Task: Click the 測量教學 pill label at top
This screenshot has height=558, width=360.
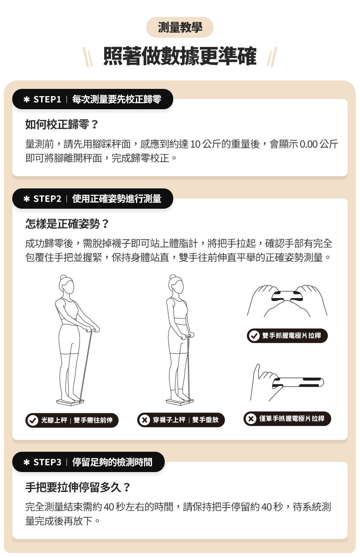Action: pyautogui.click(x=180, y=28)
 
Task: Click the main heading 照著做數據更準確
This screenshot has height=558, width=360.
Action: pyautogui.click(x=180, y=57)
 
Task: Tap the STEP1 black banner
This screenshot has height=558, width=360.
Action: pyautogui.click(x=92, y=99)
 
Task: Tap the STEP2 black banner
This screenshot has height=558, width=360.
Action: pyautogui.click(x=92, y=199)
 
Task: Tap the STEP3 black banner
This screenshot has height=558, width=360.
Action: pyautogui.click(x=88, y=462)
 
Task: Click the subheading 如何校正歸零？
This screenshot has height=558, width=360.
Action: pyautogui.click(x=62, y=124)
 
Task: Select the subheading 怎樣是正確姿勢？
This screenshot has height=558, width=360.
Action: pyautogui.click(x=67, y=223)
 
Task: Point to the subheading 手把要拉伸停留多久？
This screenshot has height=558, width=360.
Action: pyautogui.click(x=78, y=487)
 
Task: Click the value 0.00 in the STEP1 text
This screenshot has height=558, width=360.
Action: pyautogui.click(x=308, y=144)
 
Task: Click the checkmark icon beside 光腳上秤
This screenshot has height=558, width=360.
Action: pyautogui.click(x=32, y=420)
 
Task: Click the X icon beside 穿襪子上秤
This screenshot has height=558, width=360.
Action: pyautogui.click(x=144, y=420)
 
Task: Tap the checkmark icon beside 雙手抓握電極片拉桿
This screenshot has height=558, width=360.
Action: pyautogui.click(x=254, y=336)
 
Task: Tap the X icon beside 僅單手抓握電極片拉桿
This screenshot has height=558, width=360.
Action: pyautogui.click(x=251, y=419)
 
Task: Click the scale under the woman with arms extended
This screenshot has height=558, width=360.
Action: pyautogui.click(x=70, y=400)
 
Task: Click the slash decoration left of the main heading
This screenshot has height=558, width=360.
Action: pyautogui.click(x=88, y=57)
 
